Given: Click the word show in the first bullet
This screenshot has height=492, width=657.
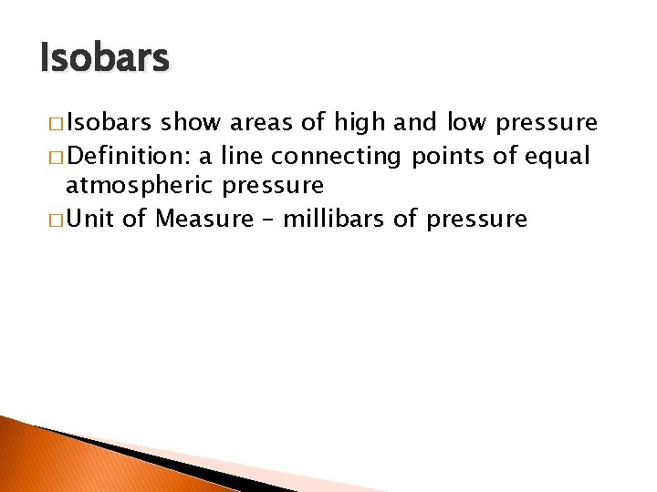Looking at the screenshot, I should click(x=192, y=122).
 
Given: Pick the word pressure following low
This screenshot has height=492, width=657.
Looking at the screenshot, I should click(x=547, y=123).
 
